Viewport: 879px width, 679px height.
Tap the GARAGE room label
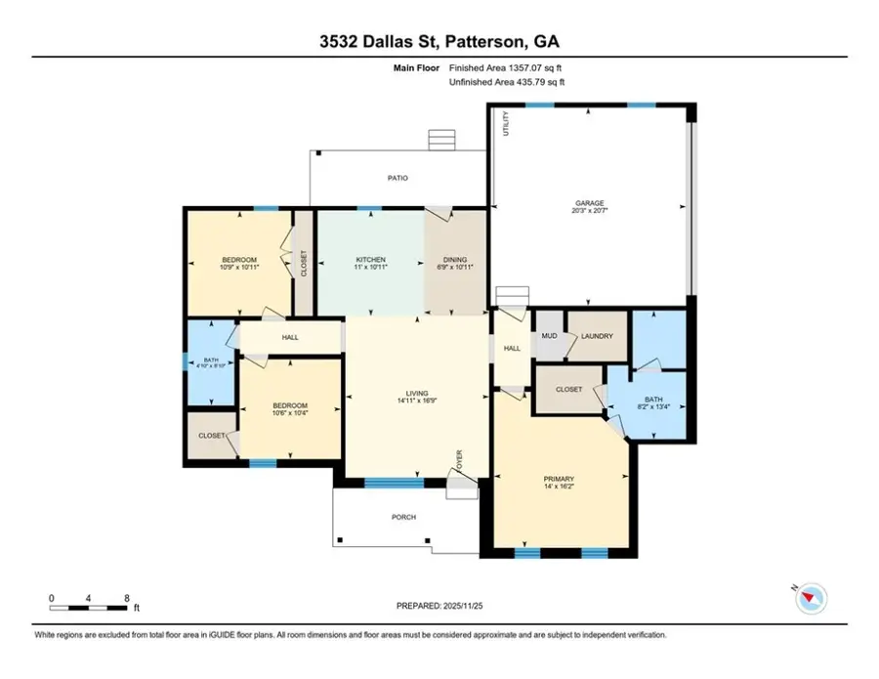589,203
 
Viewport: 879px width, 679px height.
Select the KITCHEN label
370,260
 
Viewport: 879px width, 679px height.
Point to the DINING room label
454,260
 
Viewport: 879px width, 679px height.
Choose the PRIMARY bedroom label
559,479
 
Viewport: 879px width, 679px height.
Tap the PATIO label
397,178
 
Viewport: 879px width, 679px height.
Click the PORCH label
403,517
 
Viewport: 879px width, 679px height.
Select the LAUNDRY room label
597,337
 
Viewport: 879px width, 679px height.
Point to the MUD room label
549,337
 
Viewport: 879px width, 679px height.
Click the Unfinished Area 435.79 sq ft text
507,83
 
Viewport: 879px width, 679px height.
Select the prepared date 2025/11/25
439,606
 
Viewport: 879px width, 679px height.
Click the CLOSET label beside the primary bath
568,389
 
